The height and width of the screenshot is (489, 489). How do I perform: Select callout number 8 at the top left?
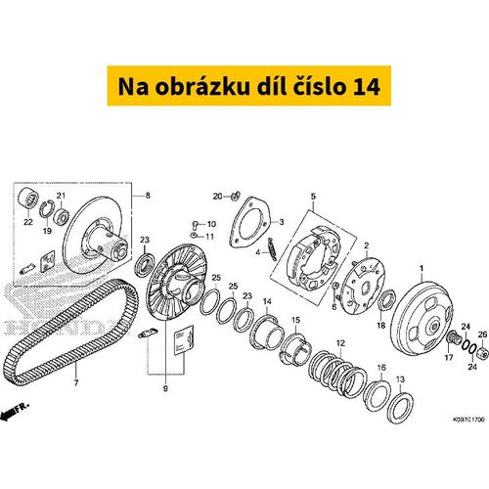pos(148,196)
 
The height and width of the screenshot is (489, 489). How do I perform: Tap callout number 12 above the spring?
pos(340,342)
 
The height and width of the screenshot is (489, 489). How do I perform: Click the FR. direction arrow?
pos(14,414)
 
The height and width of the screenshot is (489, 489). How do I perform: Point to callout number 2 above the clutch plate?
pos(366,245)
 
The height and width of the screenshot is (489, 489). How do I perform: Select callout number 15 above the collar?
pos(294,321)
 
